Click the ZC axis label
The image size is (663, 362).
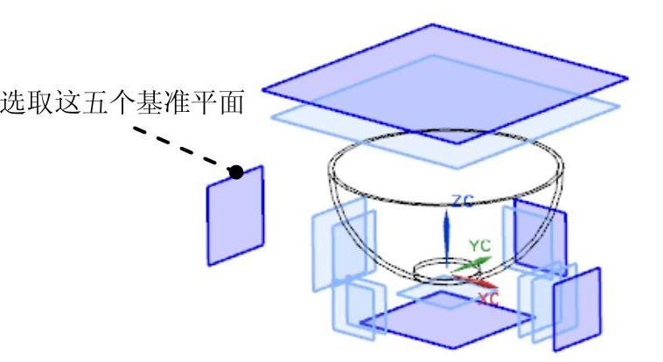[462, 202]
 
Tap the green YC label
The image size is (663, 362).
[479, 246]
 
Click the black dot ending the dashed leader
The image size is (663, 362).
[236, 172]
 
